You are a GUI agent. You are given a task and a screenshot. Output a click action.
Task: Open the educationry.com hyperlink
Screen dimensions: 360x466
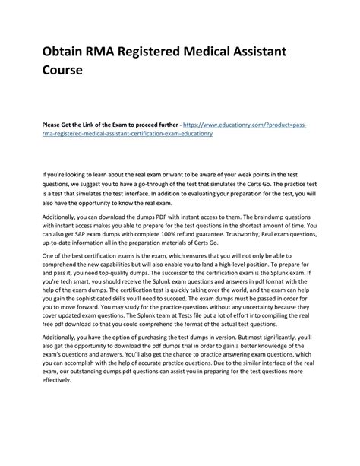tap(251, 123)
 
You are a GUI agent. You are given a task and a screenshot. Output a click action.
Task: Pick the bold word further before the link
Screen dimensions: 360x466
tap(173, 123)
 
